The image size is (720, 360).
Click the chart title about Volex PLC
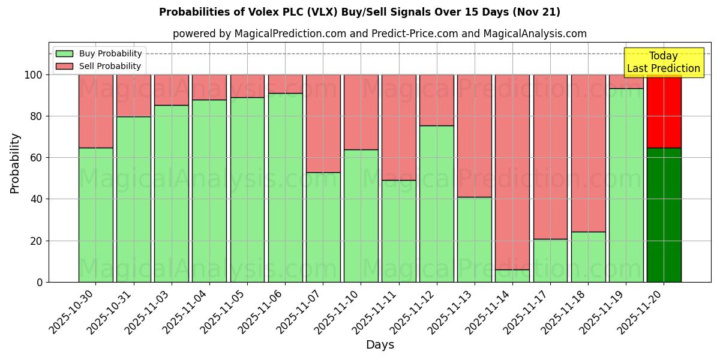coord(359,12)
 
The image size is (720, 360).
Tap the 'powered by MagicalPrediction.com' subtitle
coord(379,34)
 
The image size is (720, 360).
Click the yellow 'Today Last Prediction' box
coord(663,62)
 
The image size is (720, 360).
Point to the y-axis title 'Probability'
coord(15,163)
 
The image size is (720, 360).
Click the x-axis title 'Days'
coord(380,345)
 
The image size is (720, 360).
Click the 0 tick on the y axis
coord(39,282)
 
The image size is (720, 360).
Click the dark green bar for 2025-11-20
coord(664,215)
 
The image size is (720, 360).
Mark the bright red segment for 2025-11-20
coord(664,111)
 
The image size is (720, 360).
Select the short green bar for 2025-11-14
coord(512,276)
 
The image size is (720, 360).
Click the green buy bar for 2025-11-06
coord(285,187)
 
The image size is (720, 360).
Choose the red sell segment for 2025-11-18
coord(588,153)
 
